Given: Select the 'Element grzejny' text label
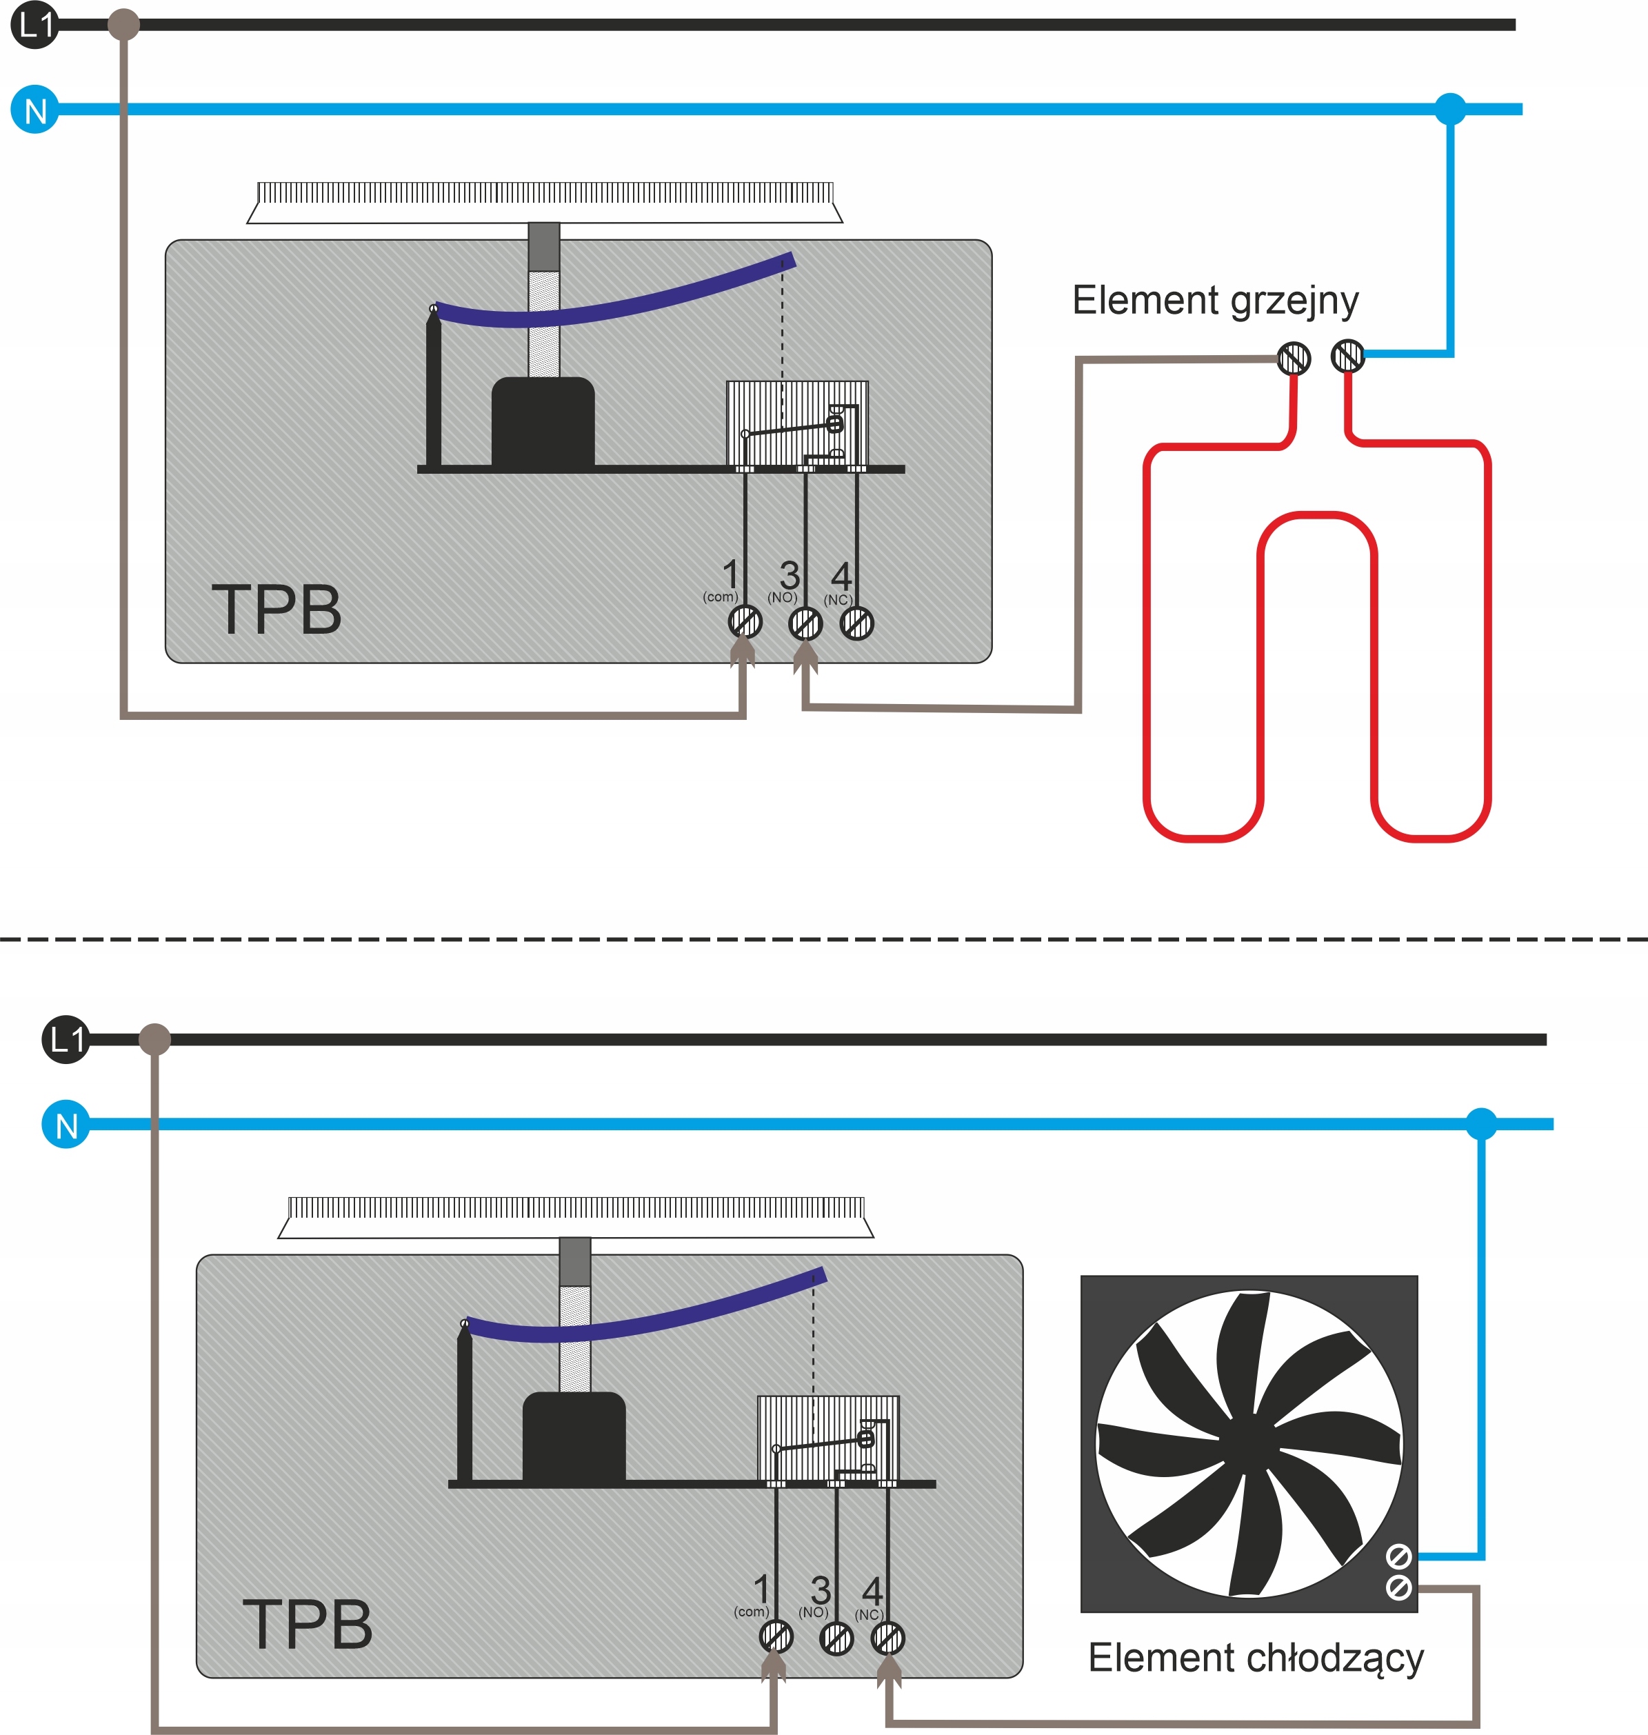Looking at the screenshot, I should [x=1215, y=301].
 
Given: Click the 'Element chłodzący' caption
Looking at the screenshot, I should [x=1256, y=1658].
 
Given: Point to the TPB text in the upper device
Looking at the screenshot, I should [x=277, y=610].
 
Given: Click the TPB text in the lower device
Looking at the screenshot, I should [x=308, y=1623].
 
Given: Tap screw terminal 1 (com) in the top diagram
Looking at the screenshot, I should [x=745, y=623].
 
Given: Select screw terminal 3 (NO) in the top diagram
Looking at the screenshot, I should [x=805, y=623].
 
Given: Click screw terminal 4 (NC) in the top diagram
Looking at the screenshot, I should [x=856, y=623].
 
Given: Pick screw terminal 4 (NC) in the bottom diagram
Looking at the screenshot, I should [x=887, y=1638].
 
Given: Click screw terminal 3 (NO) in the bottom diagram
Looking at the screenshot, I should [x=836, y=1638].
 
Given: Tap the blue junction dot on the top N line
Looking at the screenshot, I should [x=1450, y=109].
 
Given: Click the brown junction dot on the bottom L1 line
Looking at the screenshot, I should [x=154, y=1039].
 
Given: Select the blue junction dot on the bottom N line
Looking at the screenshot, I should [x=1481, y=1123].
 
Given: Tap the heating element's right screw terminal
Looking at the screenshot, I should [x=1347, y=357].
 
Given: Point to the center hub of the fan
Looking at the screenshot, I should [x=1248, y=1443].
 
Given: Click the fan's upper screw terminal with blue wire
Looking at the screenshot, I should [x=1398, y=1556].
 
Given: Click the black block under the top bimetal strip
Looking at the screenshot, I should [x=543, y=421].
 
